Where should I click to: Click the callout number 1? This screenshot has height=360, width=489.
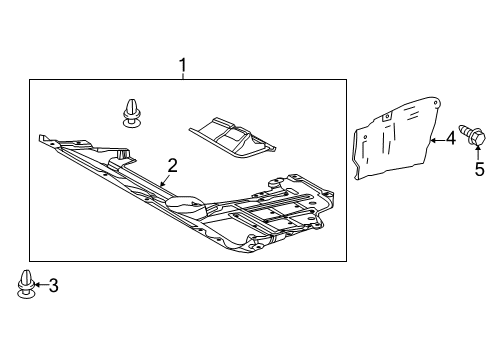(x=182, y=65)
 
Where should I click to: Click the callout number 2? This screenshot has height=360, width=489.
(x=172, y=166)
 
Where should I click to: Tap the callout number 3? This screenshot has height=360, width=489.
(x=54, y=286)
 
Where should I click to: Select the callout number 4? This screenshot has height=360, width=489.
(x=451, y=138)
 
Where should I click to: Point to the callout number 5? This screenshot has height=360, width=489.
(x=479, y=169)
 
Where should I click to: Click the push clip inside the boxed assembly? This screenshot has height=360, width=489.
(x=131, y=113)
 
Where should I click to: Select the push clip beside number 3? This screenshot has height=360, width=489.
(x=26, y=284)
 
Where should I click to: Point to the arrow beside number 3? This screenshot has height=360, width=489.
(x=41, y=284)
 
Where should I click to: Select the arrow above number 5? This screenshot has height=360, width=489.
(x=478, y=153)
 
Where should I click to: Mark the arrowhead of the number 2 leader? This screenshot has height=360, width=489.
(x=162, y=184)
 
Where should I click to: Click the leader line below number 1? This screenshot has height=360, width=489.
(x=183, y=76)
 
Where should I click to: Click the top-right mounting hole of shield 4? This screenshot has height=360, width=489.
(x=436, y=103)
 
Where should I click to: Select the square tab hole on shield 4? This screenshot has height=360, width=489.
(x=387, y=117)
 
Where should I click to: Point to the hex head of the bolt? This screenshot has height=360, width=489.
(x=478, y=137)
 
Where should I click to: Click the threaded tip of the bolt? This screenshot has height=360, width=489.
(x=462, y=128)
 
